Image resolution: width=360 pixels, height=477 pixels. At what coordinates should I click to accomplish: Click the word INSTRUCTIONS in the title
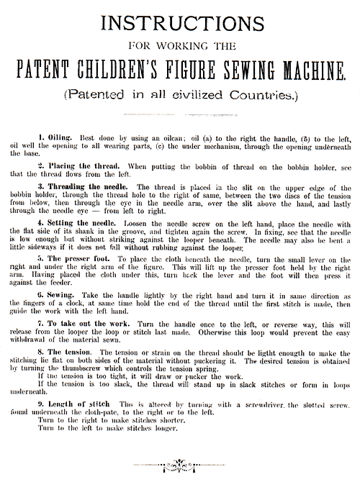click(x=180, y=23)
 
